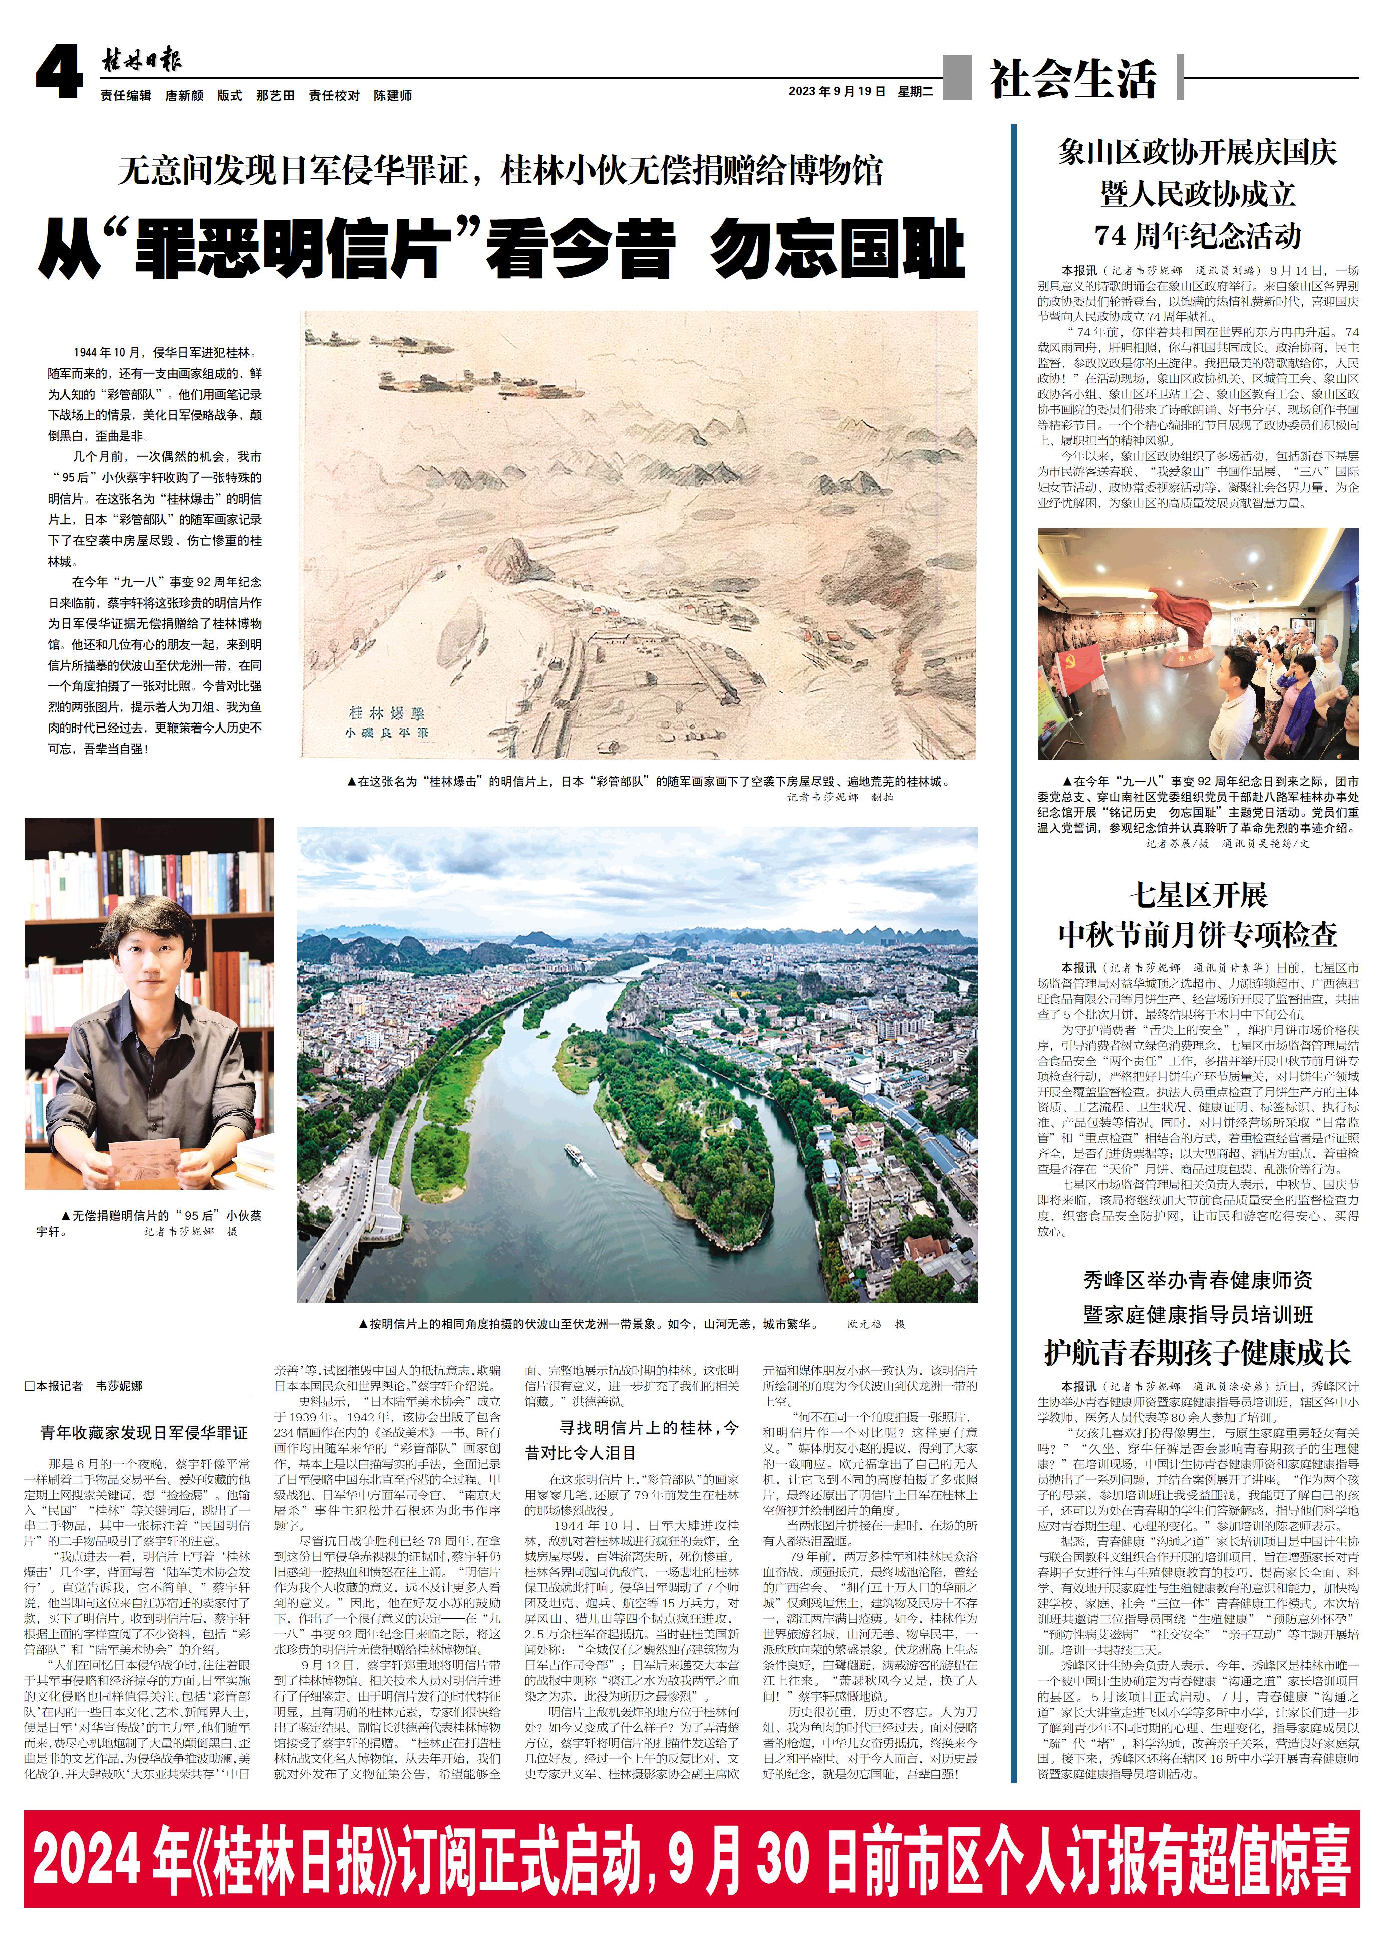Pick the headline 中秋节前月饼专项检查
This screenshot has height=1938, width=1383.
tap(1197, 934)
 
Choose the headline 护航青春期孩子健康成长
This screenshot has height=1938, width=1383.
tap(1197, 1352)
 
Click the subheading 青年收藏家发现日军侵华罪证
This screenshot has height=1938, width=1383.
tap(144, 1433)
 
